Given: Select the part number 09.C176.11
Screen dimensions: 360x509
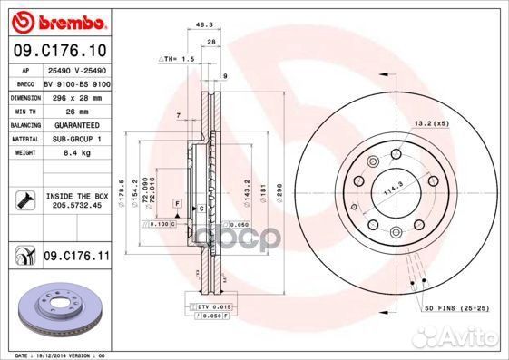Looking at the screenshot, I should coord(76,258).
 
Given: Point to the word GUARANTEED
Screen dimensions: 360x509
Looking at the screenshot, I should coord(69,125).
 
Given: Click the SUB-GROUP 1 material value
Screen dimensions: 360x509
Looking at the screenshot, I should coord(69,139).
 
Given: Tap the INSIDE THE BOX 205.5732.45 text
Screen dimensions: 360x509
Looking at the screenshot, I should coord(77,200).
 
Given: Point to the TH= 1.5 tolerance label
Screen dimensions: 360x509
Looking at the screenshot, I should coord(178,58).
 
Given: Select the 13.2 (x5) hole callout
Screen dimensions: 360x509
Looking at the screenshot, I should coord(431,122).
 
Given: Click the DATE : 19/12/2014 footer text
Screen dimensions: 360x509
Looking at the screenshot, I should coord(54,354).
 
